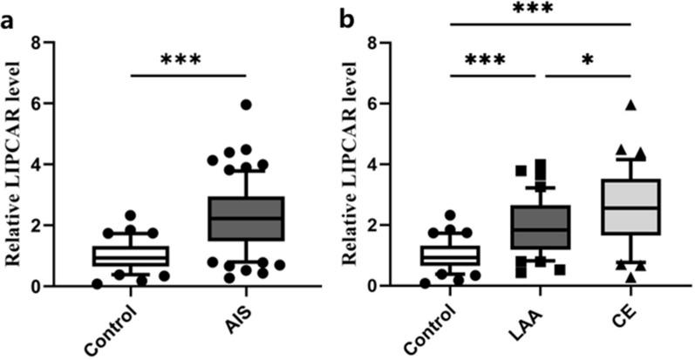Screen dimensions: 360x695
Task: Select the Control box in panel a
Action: click(x=131, y=255)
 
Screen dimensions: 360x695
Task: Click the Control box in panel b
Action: click(x=451, y=255)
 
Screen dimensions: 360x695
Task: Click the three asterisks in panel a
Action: click(x=180, y=61)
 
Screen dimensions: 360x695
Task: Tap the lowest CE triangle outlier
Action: click(x=630, y=278)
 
